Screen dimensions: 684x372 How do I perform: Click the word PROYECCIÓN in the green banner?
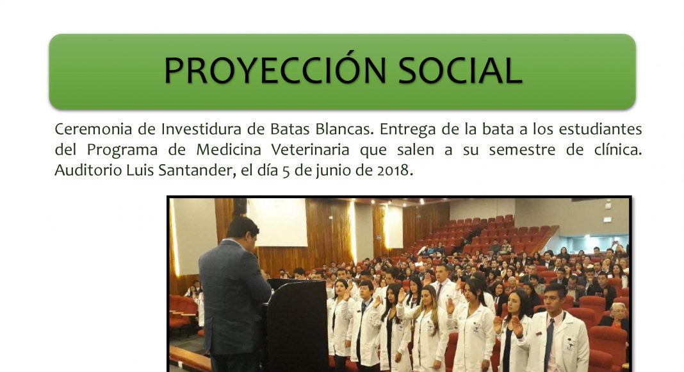point(275,70)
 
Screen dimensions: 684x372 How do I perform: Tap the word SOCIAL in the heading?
point(460,70)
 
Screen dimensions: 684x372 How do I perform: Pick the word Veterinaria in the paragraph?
point(310,149)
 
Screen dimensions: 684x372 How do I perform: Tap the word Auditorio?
point(88,170)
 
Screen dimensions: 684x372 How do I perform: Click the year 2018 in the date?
point(395,170)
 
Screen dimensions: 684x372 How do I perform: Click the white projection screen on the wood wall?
point(278,222)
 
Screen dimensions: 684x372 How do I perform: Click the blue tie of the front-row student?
point(549,344)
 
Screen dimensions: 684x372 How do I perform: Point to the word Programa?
point(122,149)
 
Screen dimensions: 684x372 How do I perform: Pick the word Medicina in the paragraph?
point(229,149)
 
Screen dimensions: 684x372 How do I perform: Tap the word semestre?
point(522,150)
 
